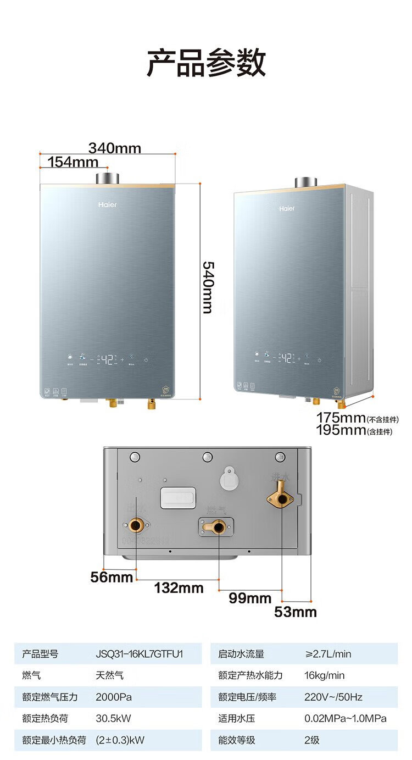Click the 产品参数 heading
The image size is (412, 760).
click(x=206, y=63)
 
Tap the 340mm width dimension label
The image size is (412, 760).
click(x=115, y=148)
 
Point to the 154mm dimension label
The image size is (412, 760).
click(x=73, y=162)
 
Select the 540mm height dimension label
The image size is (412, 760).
click(x=208, y=287)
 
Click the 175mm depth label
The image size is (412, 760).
click(x=341, y=418)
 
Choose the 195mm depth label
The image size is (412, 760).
click(x=341, y=430)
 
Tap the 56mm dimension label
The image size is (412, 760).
click(x=112, y=577)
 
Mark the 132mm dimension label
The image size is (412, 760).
click(x=179, y=588)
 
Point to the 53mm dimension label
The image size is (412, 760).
click(x=296, y=612)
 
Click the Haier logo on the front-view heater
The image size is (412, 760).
click(x=108, y=205)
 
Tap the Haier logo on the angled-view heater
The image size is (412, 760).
click(x=287, y=209)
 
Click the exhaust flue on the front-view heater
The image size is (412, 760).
click(x=107, y=179)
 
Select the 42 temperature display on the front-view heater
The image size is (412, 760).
click(x=107, y=360)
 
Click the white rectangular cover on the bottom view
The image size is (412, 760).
click(x=177, y=497)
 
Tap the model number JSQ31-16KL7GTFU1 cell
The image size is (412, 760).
click(x=140, y=654)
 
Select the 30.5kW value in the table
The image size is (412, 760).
click(x=113, y=718)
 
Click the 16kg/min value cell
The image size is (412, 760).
click(x=325, y=675)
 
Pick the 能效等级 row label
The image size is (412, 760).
click(x=237, y=740)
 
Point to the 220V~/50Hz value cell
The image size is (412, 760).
click(x=333, y=697)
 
